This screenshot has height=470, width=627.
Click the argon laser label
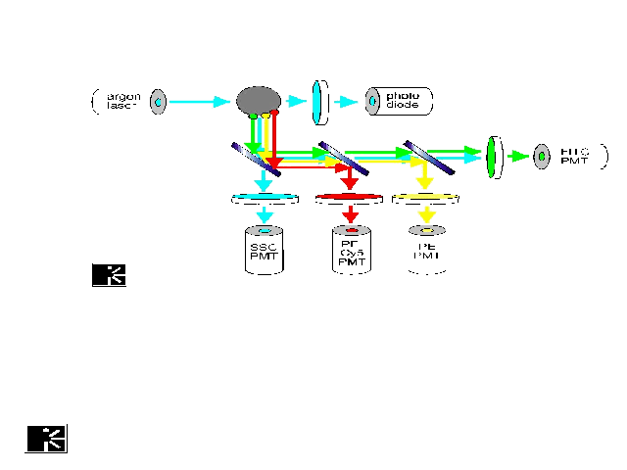[122, 100]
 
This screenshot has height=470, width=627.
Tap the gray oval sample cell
[259, 100]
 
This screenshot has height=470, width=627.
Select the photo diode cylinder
[399, 100]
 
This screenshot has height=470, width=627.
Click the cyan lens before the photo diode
[317, 102]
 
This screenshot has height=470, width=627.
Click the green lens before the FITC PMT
[493, 155]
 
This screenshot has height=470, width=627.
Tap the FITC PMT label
[574, 155]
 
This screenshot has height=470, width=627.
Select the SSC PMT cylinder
[263, 251]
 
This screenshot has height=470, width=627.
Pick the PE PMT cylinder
[425, 249]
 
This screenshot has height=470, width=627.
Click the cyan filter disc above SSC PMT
[264, 199]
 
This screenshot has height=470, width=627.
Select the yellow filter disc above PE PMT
[425, 199]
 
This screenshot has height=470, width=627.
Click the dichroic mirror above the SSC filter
[257, 159]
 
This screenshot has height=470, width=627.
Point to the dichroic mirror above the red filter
[344, 159]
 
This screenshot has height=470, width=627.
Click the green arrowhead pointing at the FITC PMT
[519, 155]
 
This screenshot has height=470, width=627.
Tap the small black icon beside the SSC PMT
[109, 275]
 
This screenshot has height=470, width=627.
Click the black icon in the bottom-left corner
[46, 439]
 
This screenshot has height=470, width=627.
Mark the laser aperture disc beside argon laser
[158, 101]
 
